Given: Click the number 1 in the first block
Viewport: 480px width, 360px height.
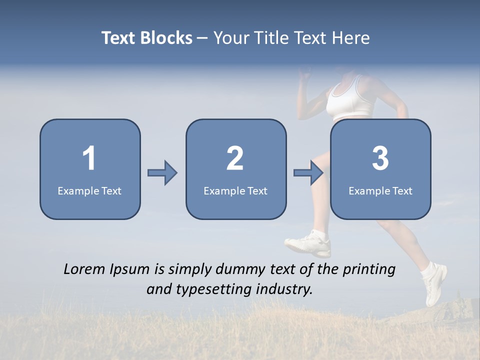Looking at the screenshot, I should click(x=89, y=158).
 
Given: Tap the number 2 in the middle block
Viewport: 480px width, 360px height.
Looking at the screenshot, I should click(x=235, y=158).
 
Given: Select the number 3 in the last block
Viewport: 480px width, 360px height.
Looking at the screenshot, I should click(x=380, y=158).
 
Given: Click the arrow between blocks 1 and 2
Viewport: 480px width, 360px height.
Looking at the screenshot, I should click(x=162, y=173).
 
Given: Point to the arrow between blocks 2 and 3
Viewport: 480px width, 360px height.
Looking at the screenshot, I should click(x=308, y=173).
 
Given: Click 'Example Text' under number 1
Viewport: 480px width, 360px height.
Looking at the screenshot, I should click(x=89, y=190).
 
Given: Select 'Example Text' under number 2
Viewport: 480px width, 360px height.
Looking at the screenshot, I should click(x=235, y=190).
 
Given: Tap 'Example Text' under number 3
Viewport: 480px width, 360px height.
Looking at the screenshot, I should click(x=380, y=190).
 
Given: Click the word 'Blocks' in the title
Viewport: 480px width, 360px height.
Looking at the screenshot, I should click(x=165, y=38).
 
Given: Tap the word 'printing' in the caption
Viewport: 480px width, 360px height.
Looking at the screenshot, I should click(x=369, y=270).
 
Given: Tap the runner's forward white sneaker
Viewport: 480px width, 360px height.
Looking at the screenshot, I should click(x=309, y=244).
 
